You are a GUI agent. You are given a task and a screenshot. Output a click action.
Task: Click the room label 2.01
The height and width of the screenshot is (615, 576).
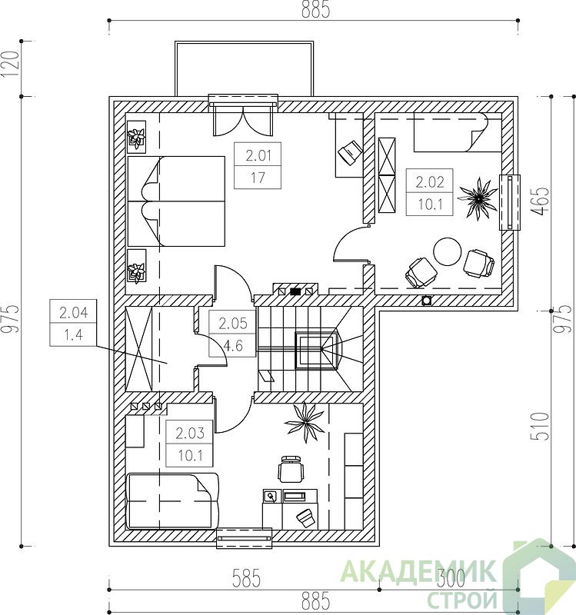point(258,156)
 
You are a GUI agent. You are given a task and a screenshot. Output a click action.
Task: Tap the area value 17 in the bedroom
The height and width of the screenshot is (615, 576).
point(258,178)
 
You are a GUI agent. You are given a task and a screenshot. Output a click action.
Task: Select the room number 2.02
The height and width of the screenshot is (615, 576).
point(430,182)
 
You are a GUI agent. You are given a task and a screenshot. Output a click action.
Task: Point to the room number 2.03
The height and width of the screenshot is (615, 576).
point(190,433)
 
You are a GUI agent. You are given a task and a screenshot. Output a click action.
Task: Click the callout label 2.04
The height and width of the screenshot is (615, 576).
point(73,313)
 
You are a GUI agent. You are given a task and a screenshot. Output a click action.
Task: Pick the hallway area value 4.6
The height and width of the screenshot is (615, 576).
point(233,346)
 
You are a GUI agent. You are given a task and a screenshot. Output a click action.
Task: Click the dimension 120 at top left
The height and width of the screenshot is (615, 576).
point(10,65)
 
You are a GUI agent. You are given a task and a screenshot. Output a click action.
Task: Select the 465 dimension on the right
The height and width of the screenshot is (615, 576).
point(540,201)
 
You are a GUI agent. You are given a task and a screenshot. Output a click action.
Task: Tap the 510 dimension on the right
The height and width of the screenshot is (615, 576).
point(540,426)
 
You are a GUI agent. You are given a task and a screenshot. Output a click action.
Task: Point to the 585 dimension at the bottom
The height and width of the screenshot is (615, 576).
point(246,578)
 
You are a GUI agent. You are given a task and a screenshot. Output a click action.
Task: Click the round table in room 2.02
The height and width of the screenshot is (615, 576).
point(448,252)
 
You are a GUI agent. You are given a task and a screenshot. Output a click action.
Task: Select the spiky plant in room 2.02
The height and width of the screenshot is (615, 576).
point(478,198)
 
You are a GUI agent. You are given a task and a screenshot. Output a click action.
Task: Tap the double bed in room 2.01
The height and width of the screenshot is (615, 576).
point(176,201)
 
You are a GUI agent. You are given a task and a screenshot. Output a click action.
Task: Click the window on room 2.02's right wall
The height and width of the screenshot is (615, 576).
point(510,202)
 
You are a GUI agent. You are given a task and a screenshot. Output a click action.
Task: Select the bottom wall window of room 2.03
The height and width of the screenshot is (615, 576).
point(245,537)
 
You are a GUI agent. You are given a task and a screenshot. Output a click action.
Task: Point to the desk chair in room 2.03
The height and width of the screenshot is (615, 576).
point(291,469)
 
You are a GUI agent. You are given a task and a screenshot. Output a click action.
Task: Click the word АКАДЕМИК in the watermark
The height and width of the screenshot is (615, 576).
point(418,572)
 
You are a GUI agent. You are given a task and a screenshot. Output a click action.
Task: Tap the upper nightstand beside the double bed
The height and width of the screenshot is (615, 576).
point(137,137)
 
